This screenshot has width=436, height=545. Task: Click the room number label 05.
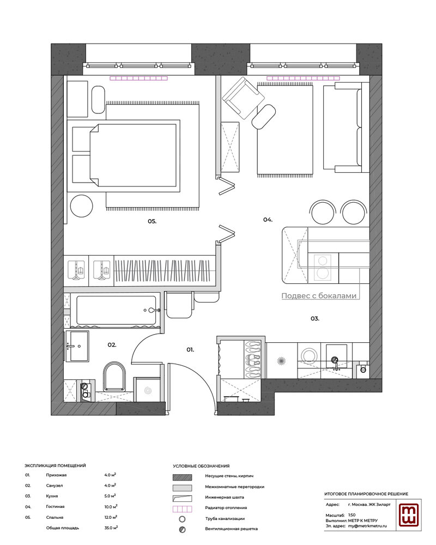(152, 221)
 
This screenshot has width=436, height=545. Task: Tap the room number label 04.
(268, 220)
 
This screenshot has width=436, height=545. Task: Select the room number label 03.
(314, 318)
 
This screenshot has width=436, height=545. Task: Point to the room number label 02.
(112, 345)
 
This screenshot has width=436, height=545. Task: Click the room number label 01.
(190, 350)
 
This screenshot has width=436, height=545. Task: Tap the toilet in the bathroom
(114, 377)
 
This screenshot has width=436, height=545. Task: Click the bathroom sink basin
(77, 346)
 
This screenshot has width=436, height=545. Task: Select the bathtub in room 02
(116, 310)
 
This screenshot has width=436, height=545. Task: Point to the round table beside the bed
(82, 206)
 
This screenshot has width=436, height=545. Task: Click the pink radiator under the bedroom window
(139, 78)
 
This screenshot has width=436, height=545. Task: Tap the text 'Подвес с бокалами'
(319, 296)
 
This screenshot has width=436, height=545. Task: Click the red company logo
(410, 515)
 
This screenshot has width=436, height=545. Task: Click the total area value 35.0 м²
(111, 528)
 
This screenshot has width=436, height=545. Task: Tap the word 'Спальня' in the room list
(55, 517)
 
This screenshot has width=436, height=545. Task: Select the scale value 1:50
(352, 515)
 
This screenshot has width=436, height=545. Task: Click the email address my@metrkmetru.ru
(367, 526)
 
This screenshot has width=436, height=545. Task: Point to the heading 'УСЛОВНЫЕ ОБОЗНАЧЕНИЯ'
(201, 466)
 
